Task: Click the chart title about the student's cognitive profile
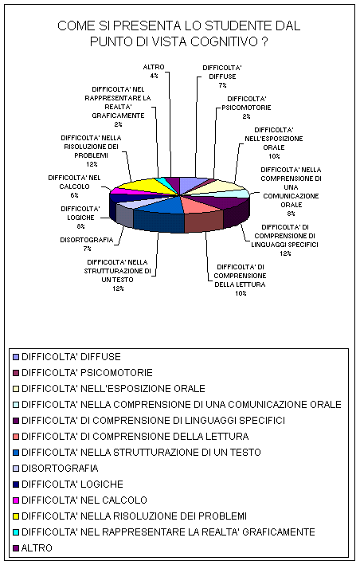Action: (179, 34)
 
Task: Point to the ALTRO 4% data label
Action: (154, 72)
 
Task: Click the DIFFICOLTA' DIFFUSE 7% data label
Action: (222, 77)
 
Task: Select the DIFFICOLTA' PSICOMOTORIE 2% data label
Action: (246, 108)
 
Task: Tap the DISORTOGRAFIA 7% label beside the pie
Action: (87, 244)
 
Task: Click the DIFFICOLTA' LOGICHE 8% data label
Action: (80, 218)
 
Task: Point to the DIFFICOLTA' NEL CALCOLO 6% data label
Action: (75, 186)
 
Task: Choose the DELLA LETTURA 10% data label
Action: (240, 280)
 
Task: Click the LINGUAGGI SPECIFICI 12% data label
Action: (285, 241)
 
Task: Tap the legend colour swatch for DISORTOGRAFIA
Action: (15, 469)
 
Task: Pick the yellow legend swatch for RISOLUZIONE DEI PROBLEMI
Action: (15, 516)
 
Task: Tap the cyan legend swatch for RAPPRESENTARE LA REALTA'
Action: (15, 532)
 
